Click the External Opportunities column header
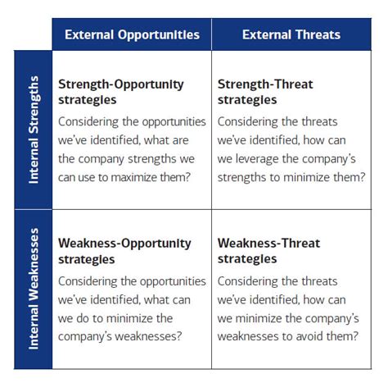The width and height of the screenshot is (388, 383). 131,34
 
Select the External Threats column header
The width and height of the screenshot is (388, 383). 291,34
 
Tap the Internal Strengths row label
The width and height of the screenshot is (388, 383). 34,130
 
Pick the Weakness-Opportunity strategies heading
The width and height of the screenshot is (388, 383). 124,251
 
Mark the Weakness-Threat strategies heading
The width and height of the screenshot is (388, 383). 268,251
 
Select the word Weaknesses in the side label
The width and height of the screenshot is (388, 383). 34,276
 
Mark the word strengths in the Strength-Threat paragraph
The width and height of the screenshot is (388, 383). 246,177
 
